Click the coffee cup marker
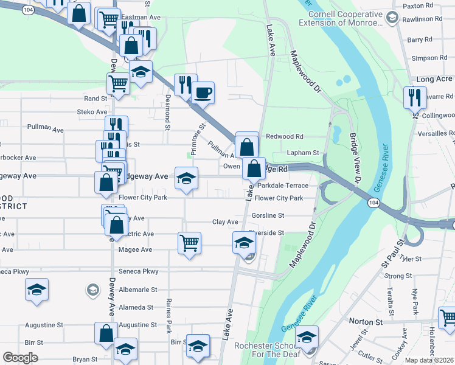click(x=203, y=92)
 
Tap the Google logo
click(x=20, y=357)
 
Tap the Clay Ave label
click(x=224, y=223)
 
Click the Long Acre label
click(x=434, y=80)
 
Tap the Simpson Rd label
click(x=429, y=58)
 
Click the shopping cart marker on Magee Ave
click(x=189, y=243)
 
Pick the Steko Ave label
click(x=92, y=112)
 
